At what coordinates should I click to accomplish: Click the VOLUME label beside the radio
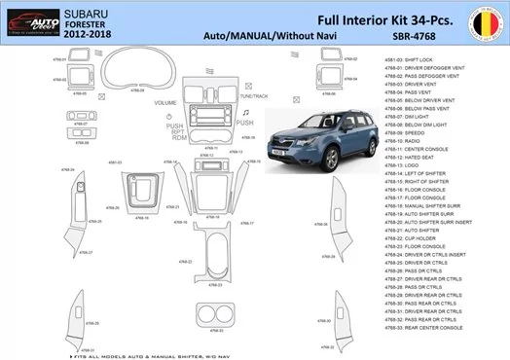point(164,103)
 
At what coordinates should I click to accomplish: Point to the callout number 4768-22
point(184,262)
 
